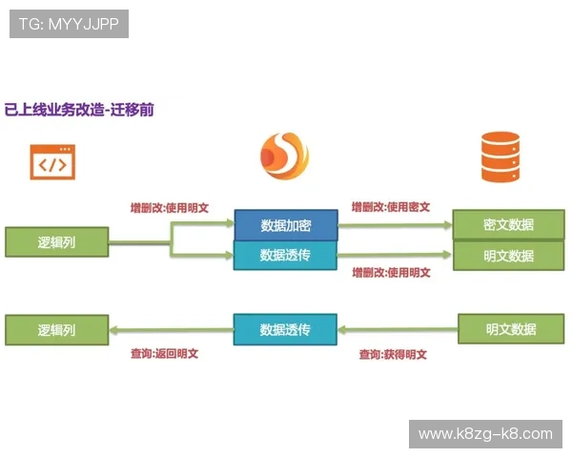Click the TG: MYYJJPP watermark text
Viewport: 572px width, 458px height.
[x=69, y=24]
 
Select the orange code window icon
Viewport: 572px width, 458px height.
[x=52, y=162]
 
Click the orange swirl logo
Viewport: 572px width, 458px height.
[x=285, y=156]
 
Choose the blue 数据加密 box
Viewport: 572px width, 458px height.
[x=285, y=225]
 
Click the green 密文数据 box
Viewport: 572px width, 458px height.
[x=509, y=224]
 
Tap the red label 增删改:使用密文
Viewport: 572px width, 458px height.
[x=391, y=206]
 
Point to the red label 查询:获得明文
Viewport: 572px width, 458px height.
[x=393, y=354]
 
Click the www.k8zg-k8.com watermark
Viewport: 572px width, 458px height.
[x=485, y=433]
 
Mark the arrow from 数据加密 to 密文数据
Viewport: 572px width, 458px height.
[x=395, y=225]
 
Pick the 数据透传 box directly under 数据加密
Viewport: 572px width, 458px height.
[x=285, y=255]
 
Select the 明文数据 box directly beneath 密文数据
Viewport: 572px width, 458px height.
[x=509, y=256]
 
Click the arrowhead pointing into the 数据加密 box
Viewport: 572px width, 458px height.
[x=228, y=224]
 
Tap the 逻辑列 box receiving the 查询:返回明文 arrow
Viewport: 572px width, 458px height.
[x=56, y=330]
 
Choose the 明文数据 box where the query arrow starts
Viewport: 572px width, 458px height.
[x=511, y=329]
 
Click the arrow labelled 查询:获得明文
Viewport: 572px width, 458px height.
[x=398, y=330]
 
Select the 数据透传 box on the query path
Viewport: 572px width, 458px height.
[x=285, y=330]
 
